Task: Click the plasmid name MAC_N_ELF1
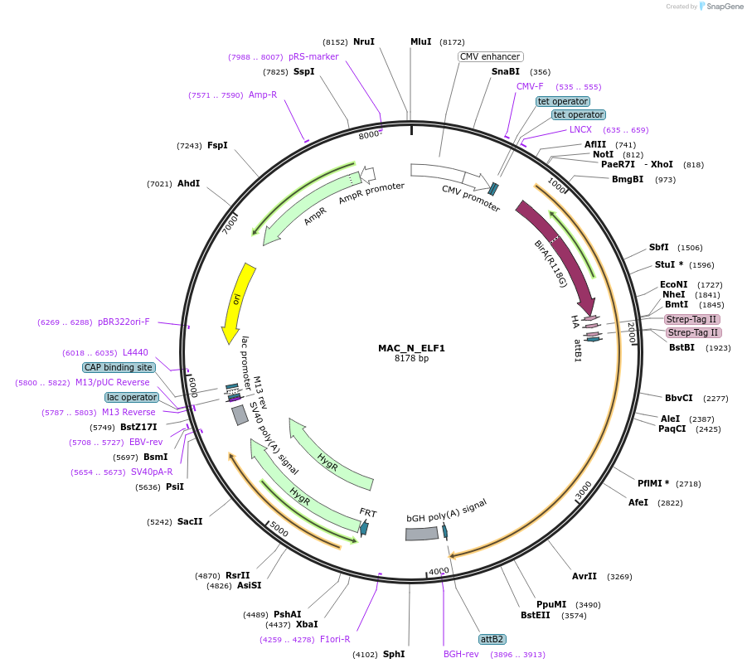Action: pos(411,348)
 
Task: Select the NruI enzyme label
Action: pos(364,41)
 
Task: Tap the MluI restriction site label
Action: pos(421,41)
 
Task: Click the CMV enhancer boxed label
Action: pos(490,57)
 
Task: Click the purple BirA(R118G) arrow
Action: pos(560,257)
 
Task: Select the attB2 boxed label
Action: pos(492,639)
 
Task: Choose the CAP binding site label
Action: pos(119,367)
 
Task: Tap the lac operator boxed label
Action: pos(131,397)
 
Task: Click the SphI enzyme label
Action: pos(394,654)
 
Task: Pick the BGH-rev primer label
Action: pos(461,654)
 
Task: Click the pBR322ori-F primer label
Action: pos(124,322)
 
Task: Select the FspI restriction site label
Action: pos(217,146)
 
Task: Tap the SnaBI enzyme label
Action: pos(506,72)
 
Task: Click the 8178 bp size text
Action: pos(411,358)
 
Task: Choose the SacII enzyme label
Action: pos(190,522)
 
